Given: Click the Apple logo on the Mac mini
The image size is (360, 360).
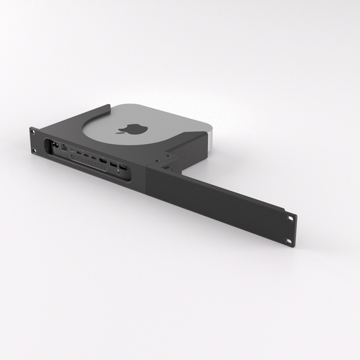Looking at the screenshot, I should [x=126, y=128].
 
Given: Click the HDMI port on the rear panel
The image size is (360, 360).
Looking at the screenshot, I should [x=103, y=159].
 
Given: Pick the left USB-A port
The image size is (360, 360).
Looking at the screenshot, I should [x=113, y=163].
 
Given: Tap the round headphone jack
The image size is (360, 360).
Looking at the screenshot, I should [x=119, y=172].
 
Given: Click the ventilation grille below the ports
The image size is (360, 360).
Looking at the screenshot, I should [x=88, y=163].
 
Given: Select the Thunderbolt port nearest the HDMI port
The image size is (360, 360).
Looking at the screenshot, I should [x=93, y=157].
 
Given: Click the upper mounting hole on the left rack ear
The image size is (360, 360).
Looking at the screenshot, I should [x=33, y=131].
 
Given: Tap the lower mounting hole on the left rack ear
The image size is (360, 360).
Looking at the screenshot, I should [x=33, y=143].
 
